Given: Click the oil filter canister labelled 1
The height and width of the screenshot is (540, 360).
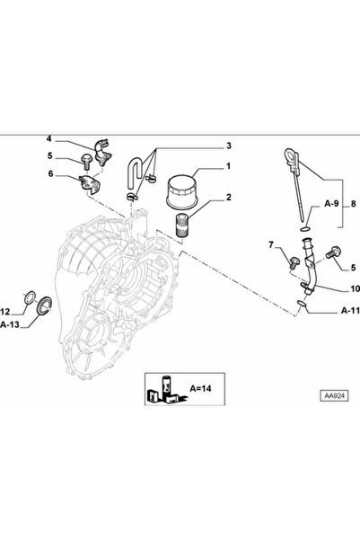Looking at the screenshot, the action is click(x=182, y=191).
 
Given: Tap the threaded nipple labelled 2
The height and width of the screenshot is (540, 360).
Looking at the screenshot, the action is click(x=181, y=226).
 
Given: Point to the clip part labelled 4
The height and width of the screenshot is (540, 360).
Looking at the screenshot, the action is click(x=102, y=152).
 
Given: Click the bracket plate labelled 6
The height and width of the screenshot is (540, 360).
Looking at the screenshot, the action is click(x=90, y=183).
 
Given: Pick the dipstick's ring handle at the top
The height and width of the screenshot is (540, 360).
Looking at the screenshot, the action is click(x=291, y=158).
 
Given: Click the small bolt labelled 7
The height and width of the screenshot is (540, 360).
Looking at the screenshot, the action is click(x=294, y=262).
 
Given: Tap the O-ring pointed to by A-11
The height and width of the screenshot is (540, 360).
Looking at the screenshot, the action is click(x=301, y=303).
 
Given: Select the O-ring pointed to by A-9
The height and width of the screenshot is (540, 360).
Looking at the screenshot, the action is click(x=304, y=229).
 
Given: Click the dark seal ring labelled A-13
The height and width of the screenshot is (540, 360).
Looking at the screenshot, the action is click(x=44, y=305).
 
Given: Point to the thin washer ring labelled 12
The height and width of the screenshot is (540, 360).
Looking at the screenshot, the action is click(x=30, y=297).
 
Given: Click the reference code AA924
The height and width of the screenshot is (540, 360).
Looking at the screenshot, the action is click(x=334, y=395).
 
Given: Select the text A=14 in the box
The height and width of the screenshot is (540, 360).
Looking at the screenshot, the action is click(x=201, y=388).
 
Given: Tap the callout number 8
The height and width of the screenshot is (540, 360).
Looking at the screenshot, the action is click(x=354, y=204).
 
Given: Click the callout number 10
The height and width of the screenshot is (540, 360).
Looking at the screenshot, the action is click(x=355, y=288).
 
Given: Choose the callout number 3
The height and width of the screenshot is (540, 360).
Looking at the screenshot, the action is click(x=229, y=146).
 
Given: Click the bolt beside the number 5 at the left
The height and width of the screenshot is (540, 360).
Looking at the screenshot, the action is click(x=86, y=162).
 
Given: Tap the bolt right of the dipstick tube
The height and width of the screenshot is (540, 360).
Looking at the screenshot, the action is click(x=332, y=253).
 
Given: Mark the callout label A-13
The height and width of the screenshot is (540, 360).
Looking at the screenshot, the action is click(x=10, y=324).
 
